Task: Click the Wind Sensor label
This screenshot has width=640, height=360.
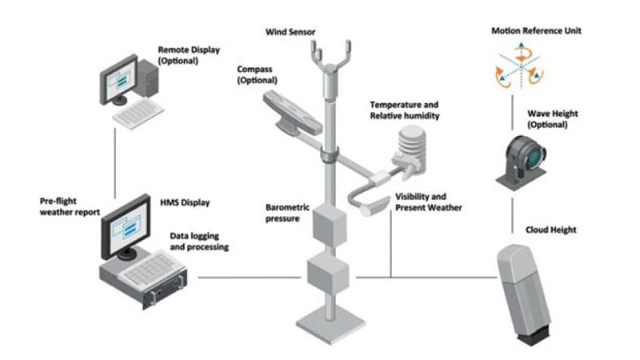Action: [291, 32]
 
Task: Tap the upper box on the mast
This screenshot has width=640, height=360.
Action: [328, 226]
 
